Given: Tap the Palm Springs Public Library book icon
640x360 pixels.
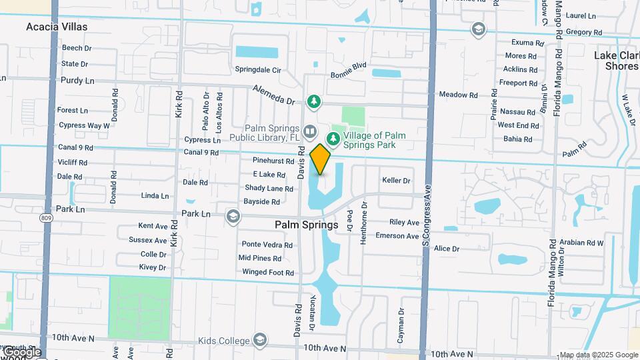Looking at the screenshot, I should click(x=309, y=131).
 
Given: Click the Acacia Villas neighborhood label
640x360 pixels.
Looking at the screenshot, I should click(x=57, y=27).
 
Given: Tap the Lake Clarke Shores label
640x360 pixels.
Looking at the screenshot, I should click(x=616, y=61).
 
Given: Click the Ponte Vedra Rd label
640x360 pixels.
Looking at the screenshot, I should click(x=267, y=245).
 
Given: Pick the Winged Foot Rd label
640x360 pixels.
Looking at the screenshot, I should click(x=267, y=273).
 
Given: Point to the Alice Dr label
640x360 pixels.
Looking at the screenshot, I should click(x=447, y=249).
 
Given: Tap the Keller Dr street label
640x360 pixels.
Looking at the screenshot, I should click(x=396, y=181).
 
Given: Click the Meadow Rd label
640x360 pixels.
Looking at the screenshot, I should click(x=458, y=95).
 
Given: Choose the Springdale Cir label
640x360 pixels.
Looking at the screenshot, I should click(x=258, y=69).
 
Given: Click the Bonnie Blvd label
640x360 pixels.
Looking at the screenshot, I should click(x=349, y=65).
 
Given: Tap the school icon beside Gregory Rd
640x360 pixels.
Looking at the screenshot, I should click(x=478, y=29).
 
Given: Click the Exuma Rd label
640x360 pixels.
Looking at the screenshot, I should click(x=523, y=43).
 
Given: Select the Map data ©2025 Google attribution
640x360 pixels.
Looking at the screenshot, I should click(x=599, y=355).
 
